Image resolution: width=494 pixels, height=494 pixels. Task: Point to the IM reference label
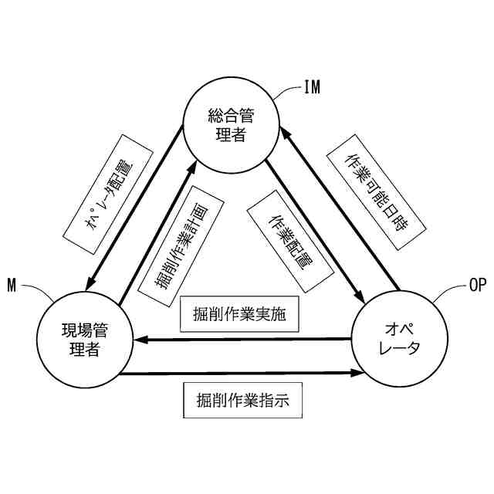click(x=311, y=86)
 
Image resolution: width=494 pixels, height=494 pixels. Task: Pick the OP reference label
click(x=478, y=285)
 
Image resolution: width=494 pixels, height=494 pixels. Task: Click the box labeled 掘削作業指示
click(x=242, y=401)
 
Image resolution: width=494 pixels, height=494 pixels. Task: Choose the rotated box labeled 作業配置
click(x=289, y=239)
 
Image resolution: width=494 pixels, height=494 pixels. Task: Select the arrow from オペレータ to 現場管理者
click(x=243, y=337)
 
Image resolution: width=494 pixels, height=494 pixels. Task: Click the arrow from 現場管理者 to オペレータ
click(x=243, y=374)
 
